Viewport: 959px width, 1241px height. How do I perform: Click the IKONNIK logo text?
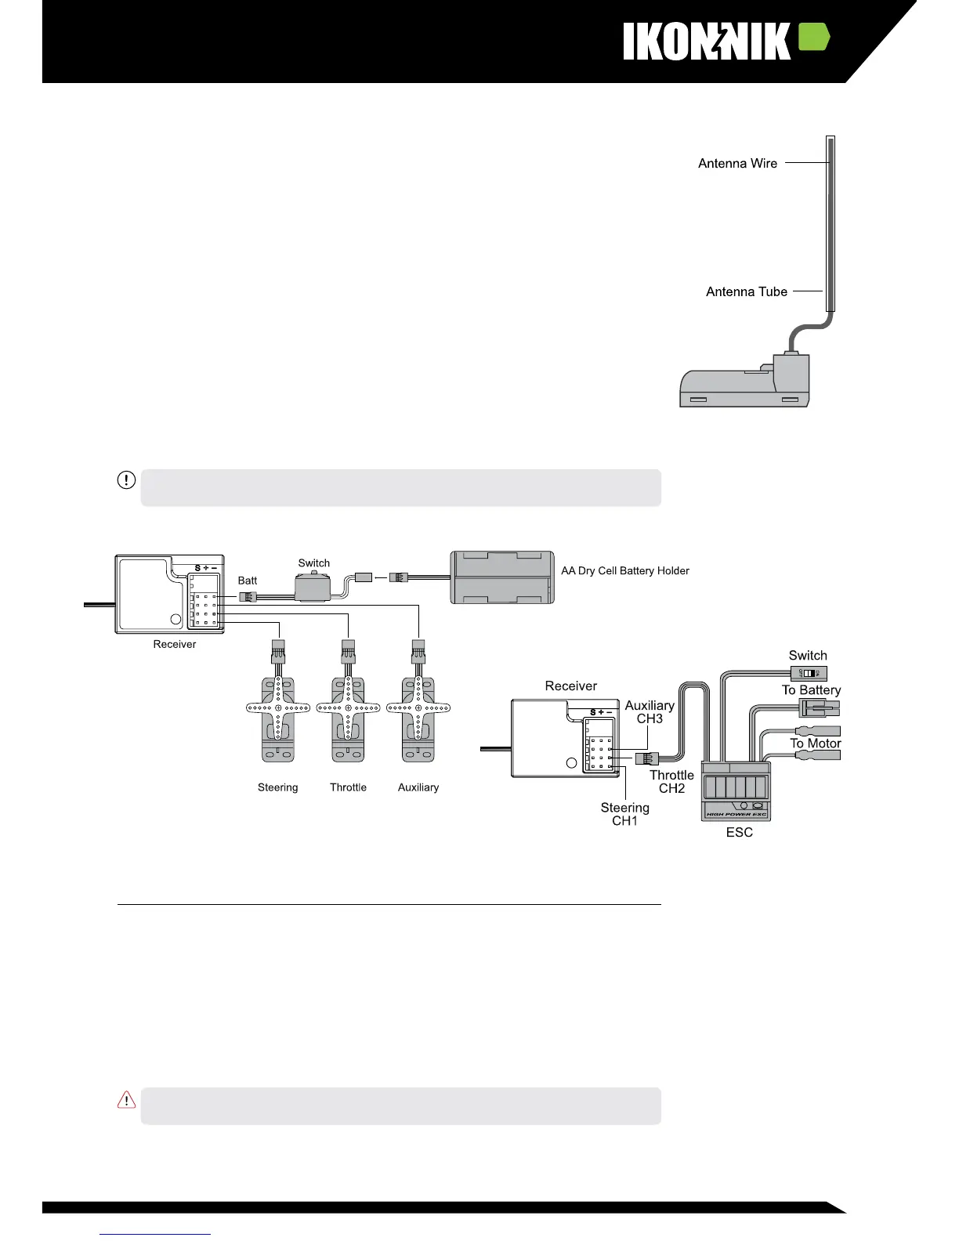(x=707, y=41)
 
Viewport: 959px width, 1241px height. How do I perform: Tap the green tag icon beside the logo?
(x=813, y=38)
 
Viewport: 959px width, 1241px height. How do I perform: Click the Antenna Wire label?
(x=737, y=164)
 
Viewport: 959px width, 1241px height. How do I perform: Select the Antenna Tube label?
(x=746, y=291)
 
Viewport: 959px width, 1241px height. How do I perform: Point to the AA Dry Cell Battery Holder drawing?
(x=502, y=577)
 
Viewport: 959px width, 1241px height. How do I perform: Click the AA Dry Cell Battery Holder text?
(x=625, y=570)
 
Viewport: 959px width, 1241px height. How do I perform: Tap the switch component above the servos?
(x=313, y=585)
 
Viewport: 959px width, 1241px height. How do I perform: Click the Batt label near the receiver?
(x=248, y=581)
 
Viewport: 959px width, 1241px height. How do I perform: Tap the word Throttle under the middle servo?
(x=348, y=787)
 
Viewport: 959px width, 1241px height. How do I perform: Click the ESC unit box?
(x=735, y=791)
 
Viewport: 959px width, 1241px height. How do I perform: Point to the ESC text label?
(x=739, y=832)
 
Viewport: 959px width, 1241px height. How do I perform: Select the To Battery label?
(x=811, y=690)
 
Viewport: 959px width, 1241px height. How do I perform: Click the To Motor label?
(x=815, y=744)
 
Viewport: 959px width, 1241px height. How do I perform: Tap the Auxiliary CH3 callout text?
(x=650, y=712)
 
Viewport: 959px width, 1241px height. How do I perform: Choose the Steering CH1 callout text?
(x=625, y=814)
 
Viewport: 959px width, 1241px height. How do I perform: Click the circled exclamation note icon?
(x=126, y=479)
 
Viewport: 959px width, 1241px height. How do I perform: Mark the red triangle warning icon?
(x=126, y=1100)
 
